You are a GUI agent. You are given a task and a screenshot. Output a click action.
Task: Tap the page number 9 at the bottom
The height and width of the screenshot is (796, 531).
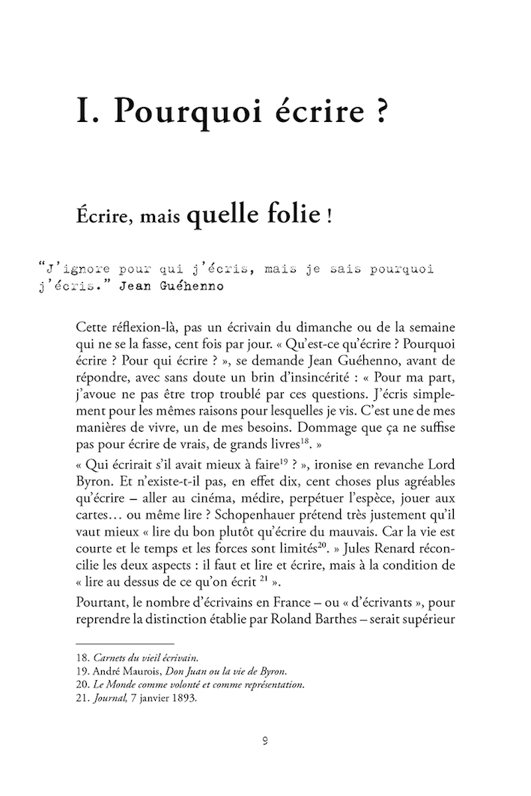coord(265,742)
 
